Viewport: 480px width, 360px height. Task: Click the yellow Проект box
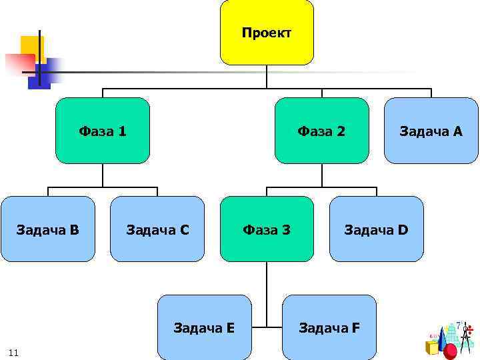click(267, 32)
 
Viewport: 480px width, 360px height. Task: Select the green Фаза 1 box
click(103, 131)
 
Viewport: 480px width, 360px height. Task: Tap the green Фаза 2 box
click(321, 131)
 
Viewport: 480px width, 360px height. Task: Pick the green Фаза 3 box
click(267, 229)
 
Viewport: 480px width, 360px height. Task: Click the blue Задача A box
click(431, 131)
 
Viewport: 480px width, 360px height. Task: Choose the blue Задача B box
click(48, 229)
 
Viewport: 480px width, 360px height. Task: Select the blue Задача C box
click(157, 229)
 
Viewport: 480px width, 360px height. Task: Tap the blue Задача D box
click(376, 229)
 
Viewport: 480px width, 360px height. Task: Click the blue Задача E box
click(204, 327)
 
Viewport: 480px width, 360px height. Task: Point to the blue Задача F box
click(329, 327)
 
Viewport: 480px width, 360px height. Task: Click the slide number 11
click(13, 352)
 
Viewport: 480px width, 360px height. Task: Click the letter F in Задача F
click(356, 327)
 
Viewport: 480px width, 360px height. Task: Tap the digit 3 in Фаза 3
click(286, 230)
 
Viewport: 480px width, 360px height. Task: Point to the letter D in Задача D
click(403, 230)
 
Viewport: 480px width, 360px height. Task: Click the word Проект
click(267, 33)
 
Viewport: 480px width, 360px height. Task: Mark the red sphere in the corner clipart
click(451, 351)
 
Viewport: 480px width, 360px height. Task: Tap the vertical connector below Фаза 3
click(267, 293)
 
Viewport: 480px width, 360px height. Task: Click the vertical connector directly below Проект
click(267, 76)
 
